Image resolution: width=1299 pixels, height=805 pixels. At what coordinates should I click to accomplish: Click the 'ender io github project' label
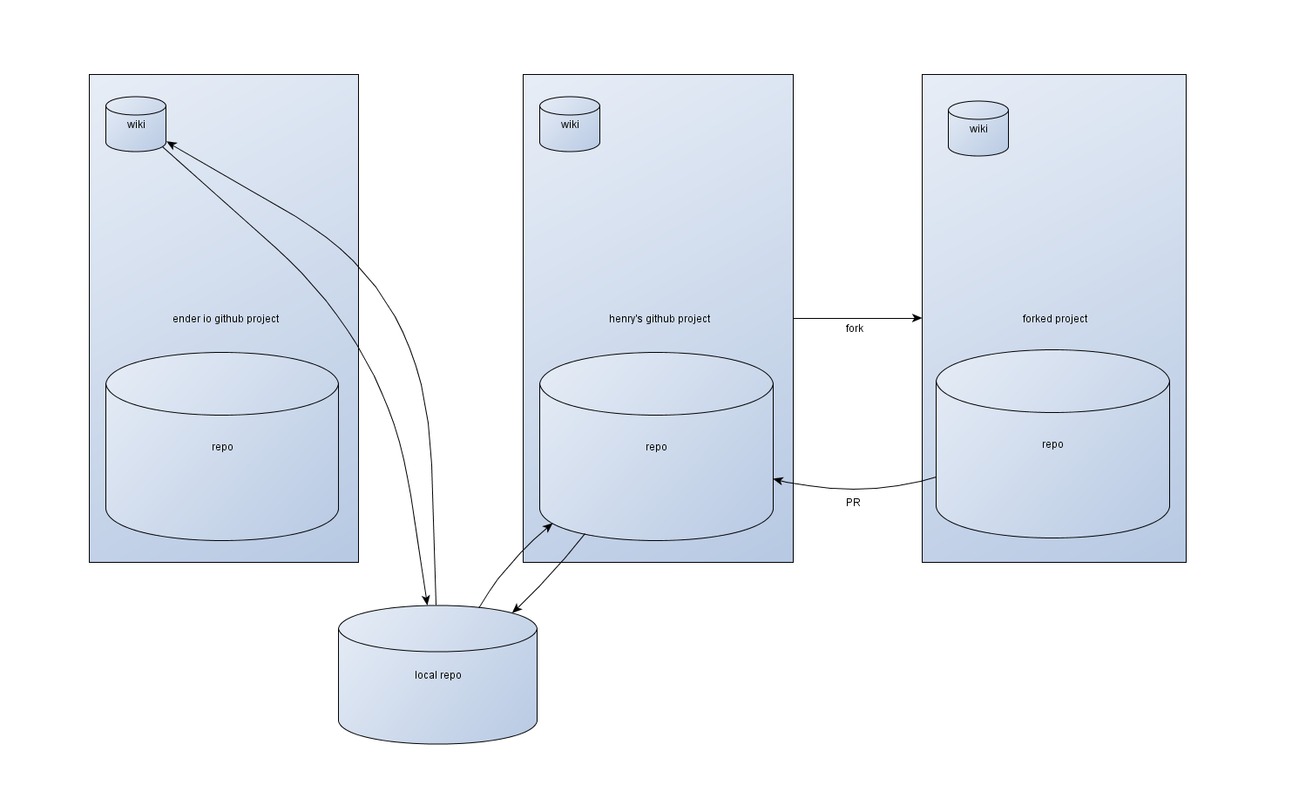pyautogui.click(x=226, y=319)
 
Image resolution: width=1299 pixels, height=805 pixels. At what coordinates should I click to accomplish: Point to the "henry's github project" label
pyautogui.click(x=660, y=319)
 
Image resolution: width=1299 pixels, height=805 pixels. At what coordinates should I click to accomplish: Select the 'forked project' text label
pyautogui.click(x=1055, y=319)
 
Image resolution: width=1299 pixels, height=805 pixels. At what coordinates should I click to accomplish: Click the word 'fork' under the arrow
pyautogui.click(x=855, y=328)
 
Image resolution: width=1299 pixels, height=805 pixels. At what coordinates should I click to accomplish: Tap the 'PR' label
pyautogui.click(x=853, y=503)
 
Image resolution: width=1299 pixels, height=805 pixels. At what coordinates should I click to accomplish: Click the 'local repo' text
pyautogui.click(x=438, y=675)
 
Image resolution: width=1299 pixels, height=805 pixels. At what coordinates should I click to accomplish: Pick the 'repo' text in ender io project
pyautogui.click(x=222, y=447)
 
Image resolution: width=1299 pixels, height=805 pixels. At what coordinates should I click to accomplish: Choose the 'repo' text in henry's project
pyautogui.click(x=656, y=447)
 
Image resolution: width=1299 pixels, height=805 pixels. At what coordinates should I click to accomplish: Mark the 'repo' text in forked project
pyautogui.click(x=1052, y=444)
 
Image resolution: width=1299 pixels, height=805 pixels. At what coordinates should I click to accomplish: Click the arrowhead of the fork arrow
pyautogui.click(x=917, y=319)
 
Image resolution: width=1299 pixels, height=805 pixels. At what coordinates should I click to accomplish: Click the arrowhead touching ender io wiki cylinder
pyautogui.click(x=172, y=144)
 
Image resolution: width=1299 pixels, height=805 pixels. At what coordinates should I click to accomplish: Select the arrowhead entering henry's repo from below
pyautogui.click(x=547, y=525)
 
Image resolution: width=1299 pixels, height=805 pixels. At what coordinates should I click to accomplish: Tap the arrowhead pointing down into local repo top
pyautogui.click(x=426, y=599)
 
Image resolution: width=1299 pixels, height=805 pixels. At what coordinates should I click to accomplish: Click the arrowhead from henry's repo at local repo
pyautogui.click(x=518, y=609)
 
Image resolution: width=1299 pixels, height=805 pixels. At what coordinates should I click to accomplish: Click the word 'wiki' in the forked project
pyautogui.click(x=978, y=129)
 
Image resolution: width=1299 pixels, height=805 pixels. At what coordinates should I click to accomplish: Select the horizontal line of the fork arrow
pyautogui.click(x=854, y=319)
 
